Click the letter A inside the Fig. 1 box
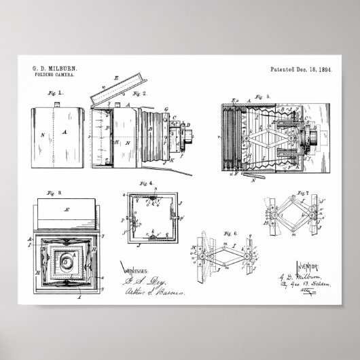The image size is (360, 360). click(x=65, y=134)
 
